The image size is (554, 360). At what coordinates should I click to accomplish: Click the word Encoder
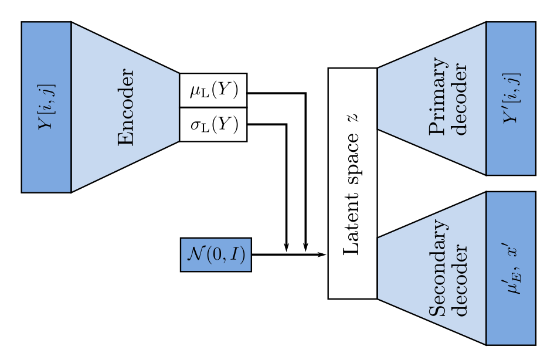[x=126, y=107]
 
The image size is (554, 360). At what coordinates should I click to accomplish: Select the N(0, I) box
[x=216, y=254]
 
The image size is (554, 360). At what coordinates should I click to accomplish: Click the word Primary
[x=437, y=96]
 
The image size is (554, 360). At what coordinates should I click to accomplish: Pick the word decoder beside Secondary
[x=461, y=280]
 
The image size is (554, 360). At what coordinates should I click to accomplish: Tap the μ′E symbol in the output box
[x=512, y=281]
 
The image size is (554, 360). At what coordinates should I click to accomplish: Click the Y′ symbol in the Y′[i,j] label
[x=511, y=114]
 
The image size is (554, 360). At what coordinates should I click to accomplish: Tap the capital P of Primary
[x=437, y=128]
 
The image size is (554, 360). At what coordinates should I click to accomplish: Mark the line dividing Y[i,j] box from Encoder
[x=71, y=107]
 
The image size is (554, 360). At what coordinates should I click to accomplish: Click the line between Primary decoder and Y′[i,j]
[x=486, y=99]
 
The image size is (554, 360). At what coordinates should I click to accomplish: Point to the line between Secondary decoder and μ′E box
[x=486, y=268]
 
